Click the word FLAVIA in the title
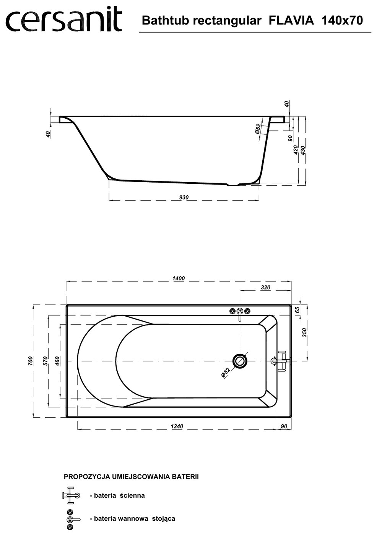point(291,21)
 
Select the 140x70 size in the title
point(342,21)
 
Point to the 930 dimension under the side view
point(184,197)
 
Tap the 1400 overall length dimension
point(179,278)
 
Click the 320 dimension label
point(265,288)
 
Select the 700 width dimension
point(30,361)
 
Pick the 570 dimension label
point(45,361)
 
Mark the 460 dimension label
point(57,361)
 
